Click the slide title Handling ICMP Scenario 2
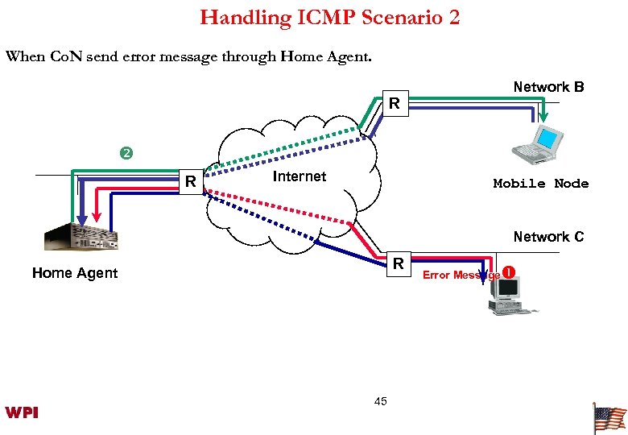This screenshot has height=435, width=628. click(x=330, y=17)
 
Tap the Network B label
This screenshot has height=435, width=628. click(x=548, y=87)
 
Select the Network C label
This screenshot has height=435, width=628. click(x=548, y=237)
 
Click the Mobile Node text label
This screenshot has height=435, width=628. click(x=541, y=184)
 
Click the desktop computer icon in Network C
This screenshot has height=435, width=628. click(x=506, y=296)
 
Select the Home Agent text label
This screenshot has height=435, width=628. click(x=75, y=274)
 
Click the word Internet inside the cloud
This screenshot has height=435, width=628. click(x=300, y=177)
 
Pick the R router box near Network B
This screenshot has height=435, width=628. click(x=394, y=104)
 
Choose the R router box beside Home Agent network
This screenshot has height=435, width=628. click(x=191, y=182)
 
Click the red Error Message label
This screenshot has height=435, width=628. click(x=461, y=275)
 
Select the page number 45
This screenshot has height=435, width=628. click(x=381, y=401)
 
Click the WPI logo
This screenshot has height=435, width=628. click(x=22, y=413)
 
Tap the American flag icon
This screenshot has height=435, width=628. click(x=609, y=419)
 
